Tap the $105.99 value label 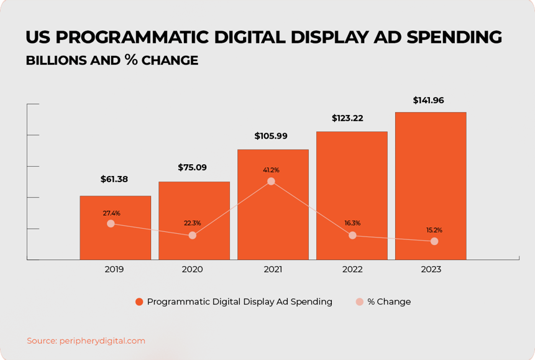pyautogui.click(x=271, y=136)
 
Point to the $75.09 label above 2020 pyautogui.click(x=193, y=167)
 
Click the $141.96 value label pyautogui.click(x=429, y=100)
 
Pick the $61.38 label pyautogui.click(x=114, y=179)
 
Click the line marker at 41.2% pyautogui.click(x=271, y=182)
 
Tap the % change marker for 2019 pyautogui.click(x=111, y=223)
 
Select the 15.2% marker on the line pyautogui.click(x=434, y=241)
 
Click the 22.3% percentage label pyautogui.click(x=192, y=223)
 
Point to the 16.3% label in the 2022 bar pyautogui.click(x=352, y=223)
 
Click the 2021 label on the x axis pyautogui.click(x=273, y=269)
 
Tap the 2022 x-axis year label pyautogui.click(x=352, y=269)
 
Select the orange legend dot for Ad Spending pyautogui.click(x=139, y=302)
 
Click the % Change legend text pyautogui.click(x=389, y=302)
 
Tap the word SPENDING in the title pyautogui.click(x=454, y=37)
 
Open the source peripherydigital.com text pyautogui.click(x=103, y=341)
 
